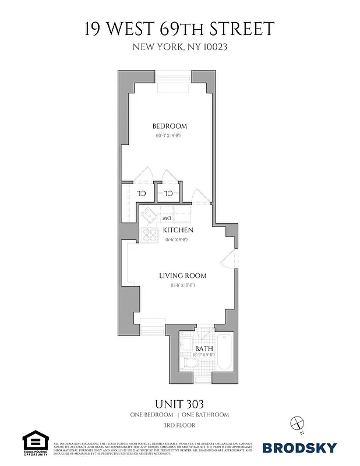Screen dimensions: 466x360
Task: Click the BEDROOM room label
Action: coord(170,126)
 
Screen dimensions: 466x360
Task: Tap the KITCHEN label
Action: coord(178,230)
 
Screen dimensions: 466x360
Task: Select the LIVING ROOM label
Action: coord(183,276)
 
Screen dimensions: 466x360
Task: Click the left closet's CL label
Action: coord(141,193)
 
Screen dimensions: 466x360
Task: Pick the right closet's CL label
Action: coord(168,193)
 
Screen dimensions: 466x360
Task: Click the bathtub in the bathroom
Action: coord(224,352)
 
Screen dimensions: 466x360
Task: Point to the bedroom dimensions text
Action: coord(170,136)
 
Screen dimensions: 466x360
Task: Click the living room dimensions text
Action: coord(182,285)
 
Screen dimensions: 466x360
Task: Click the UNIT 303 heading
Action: coord(179,403)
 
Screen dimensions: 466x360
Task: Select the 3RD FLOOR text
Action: coord(179,425)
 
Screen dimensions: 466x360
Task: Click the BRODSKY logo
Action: coord(299,448)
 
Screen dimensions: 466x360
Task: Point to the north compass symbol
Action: coord(298,424)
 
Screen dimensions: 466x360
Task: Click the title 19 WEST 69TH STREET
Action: coord(179,29)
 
